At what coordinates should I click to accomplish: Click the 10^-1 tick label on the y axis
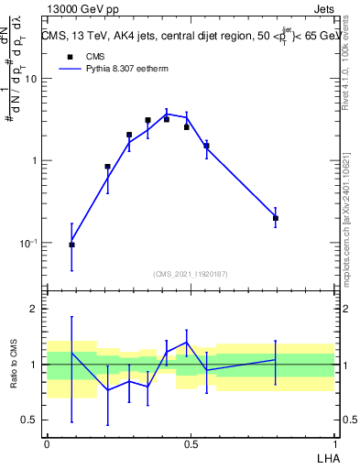(x=28, y=244)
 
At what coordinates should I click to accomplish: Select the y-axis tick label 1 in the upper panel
(x=34, y=161)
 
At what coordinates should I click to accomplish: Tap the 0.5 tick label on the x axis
(x=191, y=443)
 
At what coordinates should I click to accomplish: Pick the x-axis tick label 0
(x=47, y=443)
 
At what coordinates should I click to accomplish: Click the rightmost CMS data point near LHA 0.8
(x=276, y=218)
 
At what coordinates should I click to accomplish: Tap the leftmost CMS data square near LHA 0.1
(x=71, y=245)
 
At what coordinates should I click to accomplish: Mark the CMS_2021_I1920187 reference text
(x=191, y=274)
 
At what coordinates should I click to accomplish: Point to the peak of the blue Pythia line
(x=167, y=114)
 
